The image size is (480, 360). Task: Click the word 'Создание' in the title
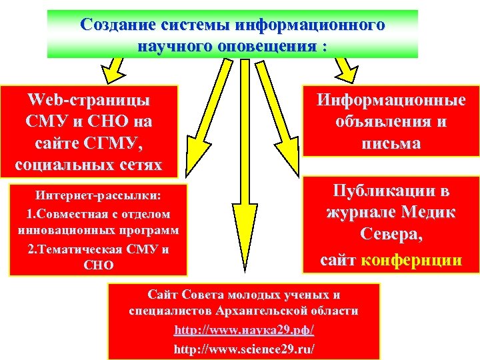click(112, 25)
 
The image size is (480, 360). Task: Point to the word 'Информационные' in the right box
click(391, 101)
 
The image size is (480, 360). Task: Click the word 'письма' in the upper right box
click(391, 143)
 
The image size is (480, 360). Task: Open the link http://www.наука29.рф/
click(243, 330)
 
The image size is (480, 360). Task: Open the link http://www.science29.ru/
click(243, 349)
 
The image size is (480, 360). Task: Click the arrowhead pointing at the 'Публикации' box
click(295, 175)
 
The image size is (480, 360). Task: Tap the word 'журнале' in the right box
click(358, 213)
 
